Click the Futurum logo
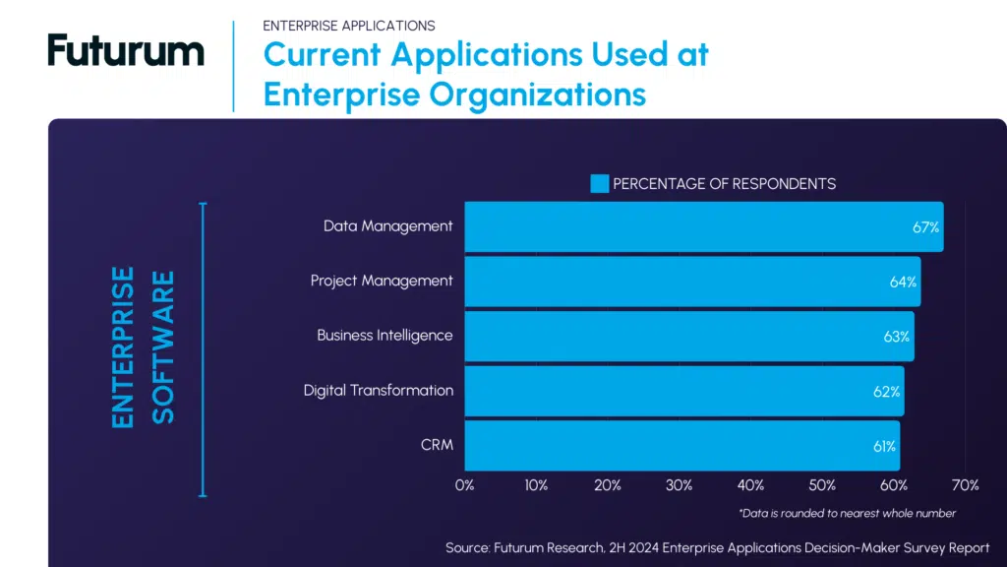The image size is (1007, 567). click(126, 51)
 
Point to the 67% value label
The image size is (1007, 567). click(925, 227)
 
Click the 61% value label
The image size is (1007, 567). click(883, 447)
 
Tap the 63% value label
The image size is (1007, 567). click(896, 337)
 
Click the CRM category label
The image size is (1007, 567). click(437, 445)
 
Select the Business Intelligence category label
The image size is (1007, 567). click(385, 336)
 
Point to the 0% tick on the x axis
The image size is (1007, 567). click(465, 485)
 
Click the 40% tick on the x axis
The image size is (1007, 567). click(751, 485)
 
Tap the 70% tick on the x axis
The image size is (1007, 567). click(965, 485)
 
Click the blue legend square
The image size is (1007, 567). click(600, 183)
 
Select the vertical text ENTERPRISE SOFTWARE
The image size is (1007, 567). click(143, 347)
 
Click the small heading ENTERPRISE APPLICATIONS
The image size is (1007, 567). click(349, 26)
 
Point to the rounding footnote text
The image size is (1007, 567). click(847, 513)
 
